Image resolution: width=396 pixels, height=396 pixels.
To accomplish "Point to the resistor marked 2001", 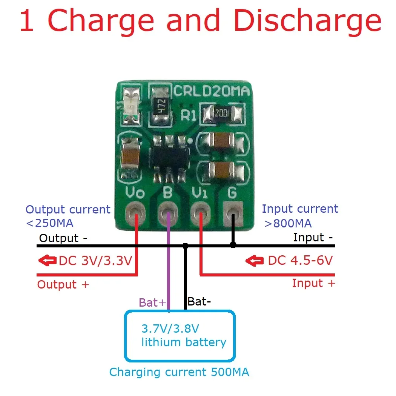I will [x=222, y=112].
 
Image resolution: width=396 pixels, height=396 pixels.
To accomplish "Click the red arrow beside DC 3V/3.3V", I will [x=47, y=261].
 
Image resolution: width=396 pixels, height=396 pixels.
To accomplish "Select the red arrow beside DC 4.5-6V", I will [x=255, y=261].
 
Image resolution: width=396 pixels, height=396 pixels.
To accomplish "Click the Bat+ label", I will [x=152, y=302].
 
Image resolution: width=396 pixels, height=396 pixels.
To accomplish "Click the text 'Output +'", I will [x=63, y=285].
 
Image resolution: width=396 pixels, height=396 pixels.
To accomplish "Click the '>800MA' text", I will [x=288, y=223].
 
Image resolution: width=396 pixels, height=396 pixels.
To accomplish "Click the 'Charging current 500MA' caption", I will [x=179, y=372].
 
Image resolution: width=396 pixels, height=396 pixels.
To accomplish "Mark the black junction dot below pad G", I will [x=233, y=245].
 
